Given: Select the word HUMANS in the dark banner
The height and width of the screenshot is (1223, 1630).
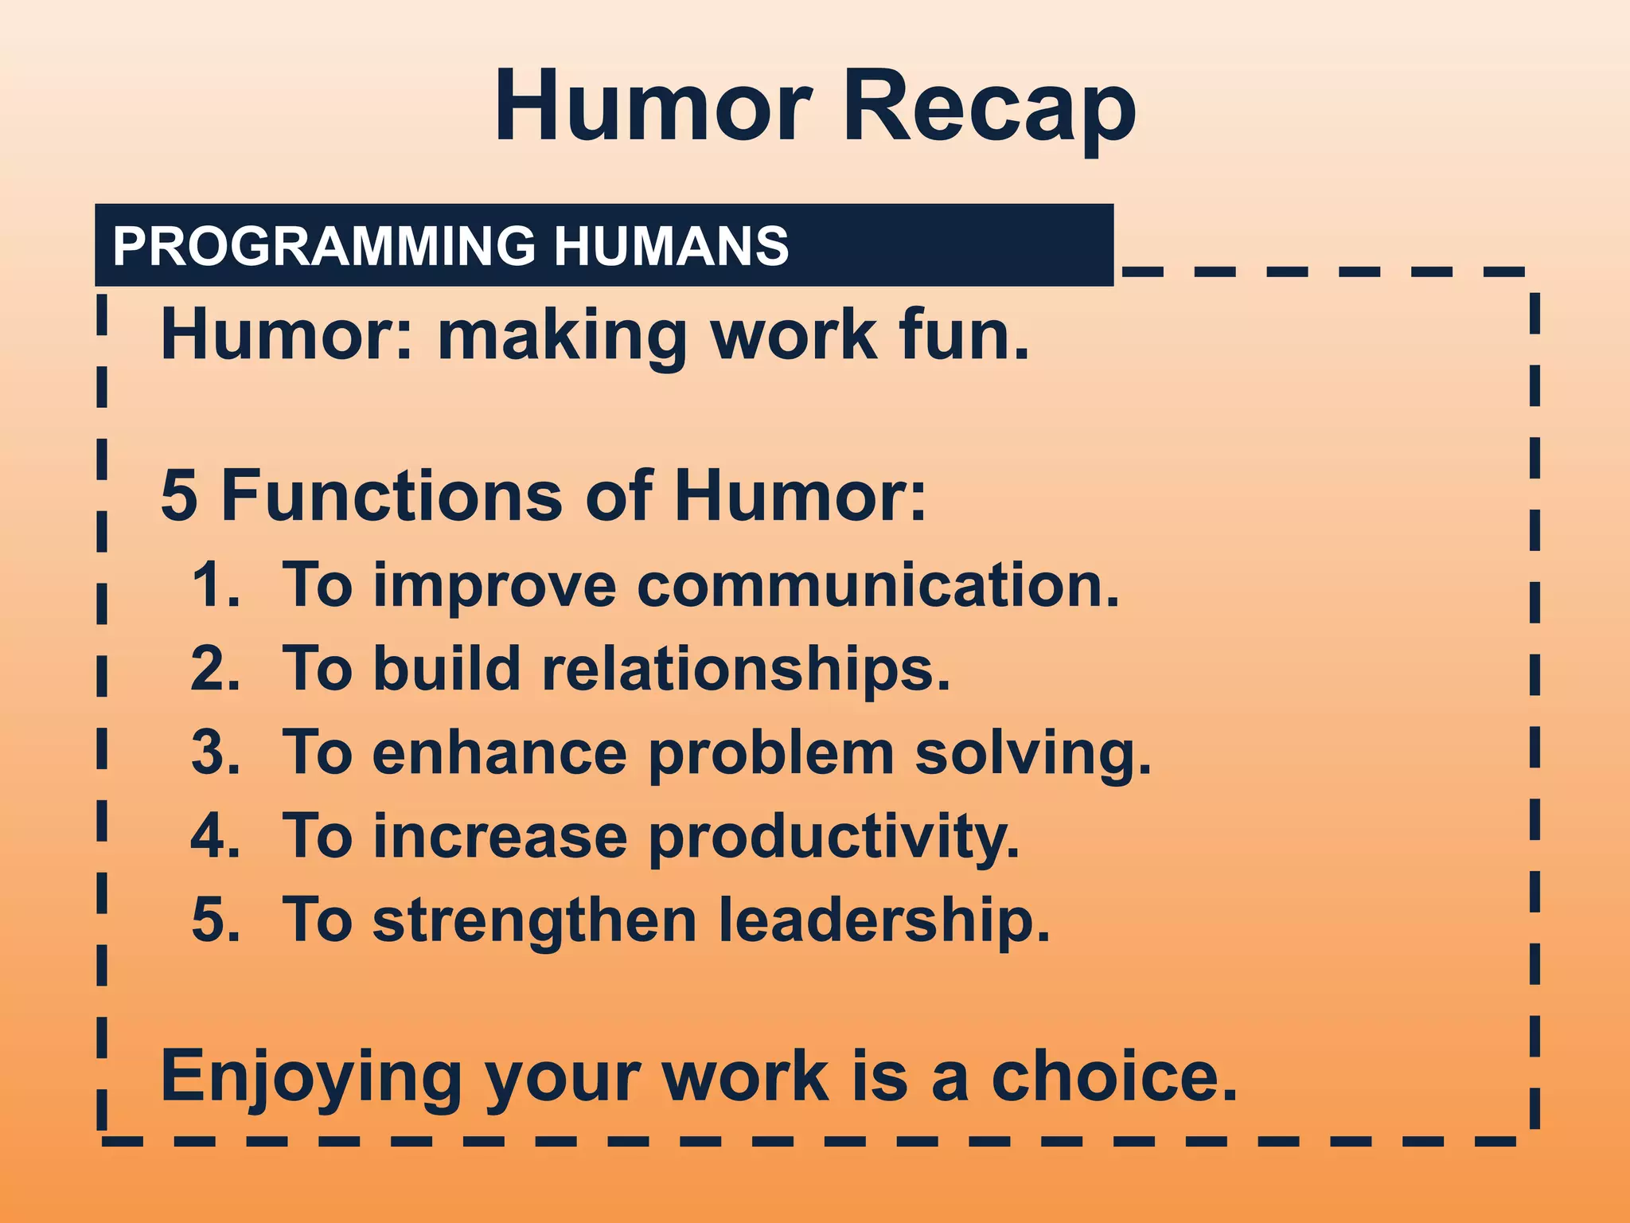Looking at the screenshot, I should pos(671,246).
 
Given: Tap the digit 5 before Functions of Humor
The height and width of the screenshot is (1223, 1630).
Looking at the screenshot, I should pos(179,496).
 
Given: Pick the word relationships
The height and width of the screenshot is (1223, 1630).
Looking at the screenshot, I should pos(745,670).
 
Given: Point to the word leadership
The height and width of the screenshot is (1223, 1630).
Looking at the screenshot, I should pos(883,922).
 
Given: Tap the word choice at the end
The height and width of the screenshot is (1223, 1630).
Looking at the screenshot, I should pos(1113,1076).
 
